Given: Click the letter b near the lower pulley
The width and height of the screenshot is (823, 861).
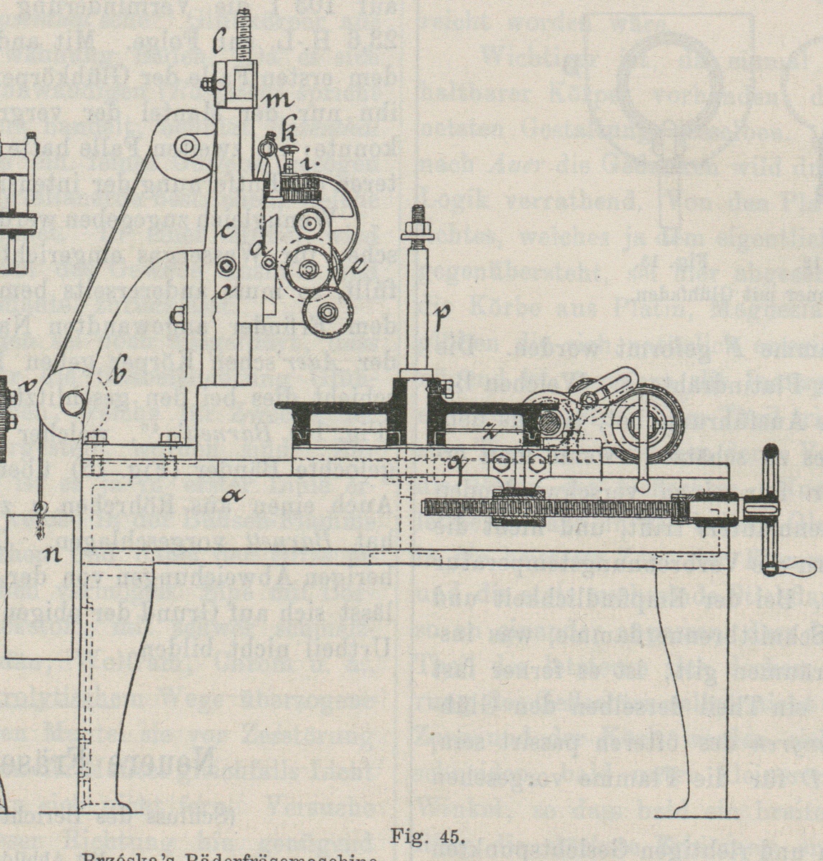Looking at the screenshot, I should click(x=119, y=374).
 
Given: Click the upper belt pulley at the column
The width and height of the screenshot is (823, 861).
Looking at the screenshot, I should click(x=187, y=149).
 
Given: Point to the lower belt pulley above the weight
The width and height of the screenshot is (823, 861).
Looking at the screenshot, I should click(x=70, y=400).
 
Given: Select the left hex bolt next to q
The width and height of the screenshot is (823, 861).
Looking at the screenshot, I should click(x=501, y=462).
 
